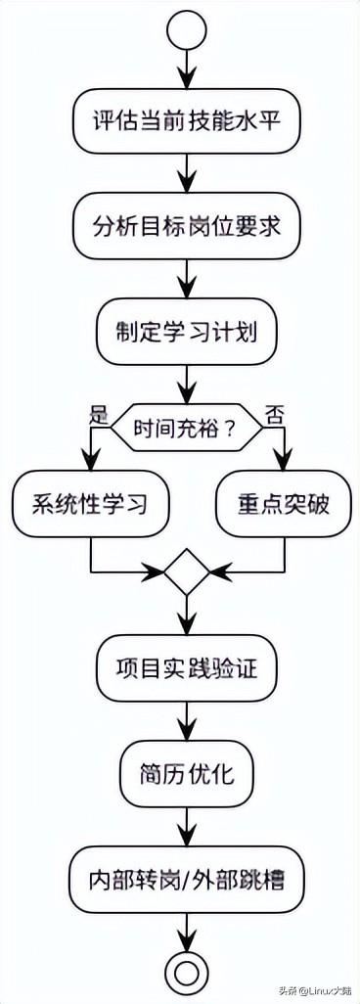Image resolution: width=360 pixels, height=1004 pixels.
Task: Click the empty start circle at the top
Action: point(187,30)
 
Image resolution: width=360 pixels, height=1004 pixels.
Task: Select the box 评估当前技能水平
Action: point(187,123)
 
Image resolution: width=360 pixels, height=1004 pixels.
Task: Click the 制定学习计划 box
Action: point(187,333)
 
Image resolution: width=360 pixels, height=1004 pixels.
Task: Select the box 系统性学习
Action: point(91,506)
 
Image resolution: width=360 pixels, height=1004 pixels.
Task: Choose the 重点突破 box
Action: point(283,506)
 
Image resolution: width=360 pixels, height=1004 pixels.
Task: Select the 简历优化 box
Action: point(187,772)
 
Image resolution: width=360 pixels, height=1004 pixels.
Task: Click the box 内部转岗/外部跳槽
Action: point(187,878)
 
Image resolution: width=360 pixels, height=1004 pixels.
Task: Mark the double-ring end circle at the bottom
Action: point(187,970)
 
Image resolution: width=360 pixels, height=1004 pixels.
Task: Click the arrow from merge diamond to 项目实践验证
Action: point(187,616)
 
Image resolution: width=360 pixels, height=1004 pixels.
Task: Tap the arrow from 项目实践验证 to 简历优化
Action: point(187,722)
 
